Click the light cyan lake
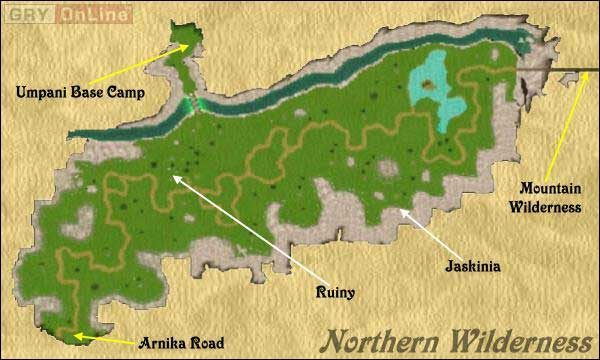coord(441,95)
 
